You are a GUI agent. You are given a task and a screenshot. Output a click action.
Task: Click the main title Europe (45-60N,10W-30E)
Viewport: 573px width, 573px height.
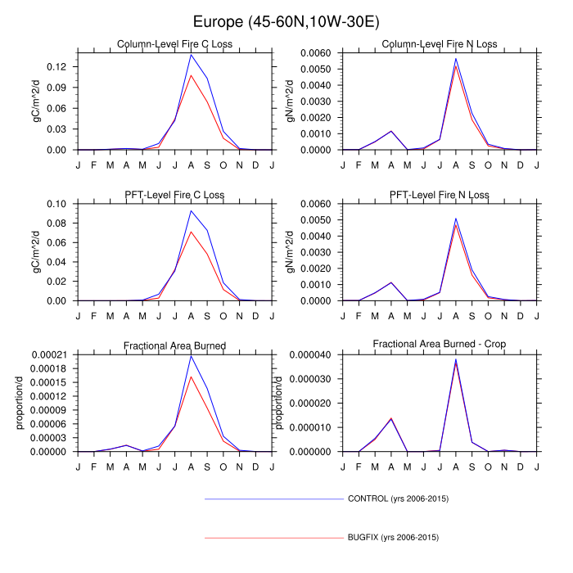point(286,20)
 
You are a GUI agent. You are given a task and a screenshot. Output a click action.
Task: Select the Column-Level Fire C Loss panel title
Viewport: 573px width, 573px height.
point(174,44)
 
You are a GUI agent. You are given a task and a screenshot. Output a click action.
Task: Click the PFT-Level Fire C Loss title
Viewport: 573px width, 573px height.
point(174,195)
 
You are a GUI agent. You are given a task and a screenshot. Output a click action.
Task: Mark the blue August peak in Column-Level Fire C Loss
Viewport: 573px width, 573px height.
point(191,55)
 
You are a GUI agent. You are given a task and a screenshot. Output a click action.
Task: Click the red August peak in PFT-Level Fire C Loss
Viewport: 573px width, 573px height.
point(191,232)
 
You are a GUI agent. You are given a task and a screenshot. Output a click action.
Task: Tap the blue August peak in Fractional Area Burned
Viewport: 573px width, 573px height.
point(191,356)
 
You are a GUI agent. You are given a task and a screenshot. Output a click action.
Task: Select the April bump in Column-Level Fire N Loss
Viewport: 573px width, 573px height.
point(391,131)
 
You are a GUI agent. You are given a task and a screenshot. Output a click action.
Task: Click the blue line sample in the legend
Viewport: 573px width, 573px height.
point(274,498)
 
